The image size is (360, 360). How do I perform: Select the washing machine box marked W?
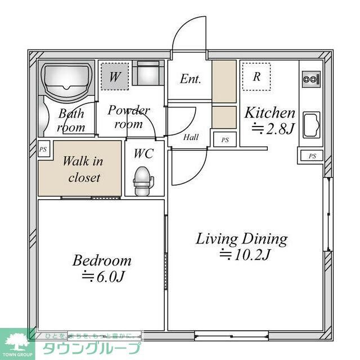point(115,76)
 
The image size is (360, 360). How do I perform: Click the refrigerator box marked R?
point(256,76)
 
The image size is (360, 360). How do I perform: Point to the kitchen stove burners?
point(311,79)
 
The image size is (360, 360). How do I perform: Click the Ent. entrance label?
point(190,79)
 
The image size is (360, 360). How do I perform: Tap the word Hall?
point(191,137)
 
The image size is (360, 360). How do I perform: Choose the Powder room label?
point(129,116)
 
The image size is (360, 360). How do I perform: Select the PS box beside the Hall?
point(224,139)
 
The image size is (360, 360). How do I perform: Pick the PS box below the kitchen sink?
point(312,156)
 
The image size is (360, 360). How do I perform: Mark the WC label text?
point(143,154)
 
